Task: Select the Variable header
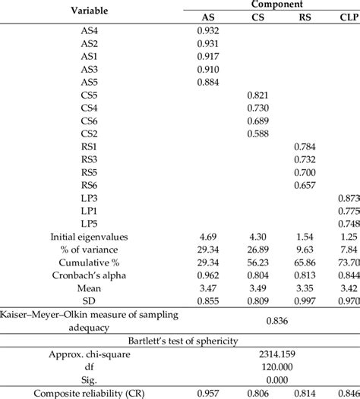tap(90, 11)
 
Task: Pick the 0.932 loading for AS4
tap(208, 32)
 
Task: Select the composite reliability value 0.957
tap(208, 393)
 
